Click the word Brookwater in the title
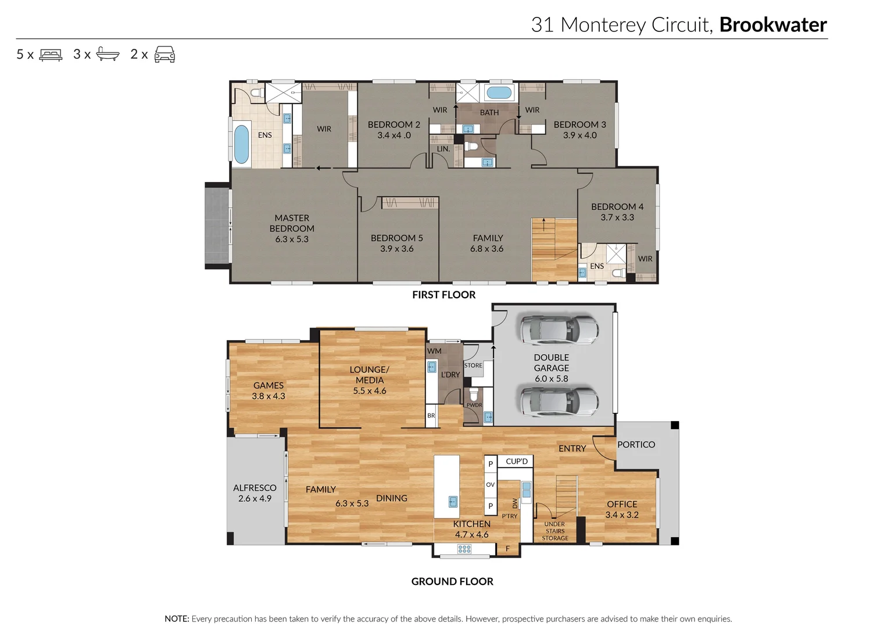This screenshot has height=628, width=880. [x=772, y=25]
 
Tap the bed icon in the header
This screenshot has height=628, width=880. [x=51, y=55]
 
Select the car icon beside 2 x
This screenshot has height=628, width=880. [x=164, y=55]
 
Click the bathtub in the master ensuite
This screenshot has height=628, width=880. [x=241, y=144]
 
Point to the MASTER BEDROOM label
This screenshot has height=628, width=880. [x=292, y=223]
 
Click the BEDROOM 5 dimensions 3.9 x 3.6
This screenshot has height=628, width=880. [x=397, y=249]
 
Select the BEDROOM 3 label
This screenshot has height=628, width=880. [x=579, y=124]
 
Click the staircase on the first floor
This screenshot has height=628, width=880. [x=554, y=249]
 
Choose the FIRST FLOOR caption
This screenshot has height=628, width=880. [x=443, y=295]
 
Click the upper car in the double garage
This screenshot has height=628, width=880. [x=559, y=330]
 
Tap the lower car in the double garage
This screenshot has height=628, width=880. [x=559, y=401]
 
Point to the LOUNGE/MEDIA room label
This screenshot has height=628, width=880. [x=370, y=375]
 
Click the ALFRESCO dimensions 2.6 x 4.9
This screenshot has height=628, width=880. [x=255, y=499]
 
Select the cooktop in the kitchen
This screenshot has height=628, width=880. [x=464, y=549]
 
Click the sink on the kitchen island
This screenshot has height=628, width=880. [x=453, y=501]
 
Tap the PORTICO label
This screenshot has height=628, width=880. [x=636, y=445]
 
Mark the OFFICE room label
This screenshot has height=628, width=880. [x=622, y=504]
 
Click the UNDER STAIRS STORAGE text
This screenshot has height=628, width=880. [x=555, y=531]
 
